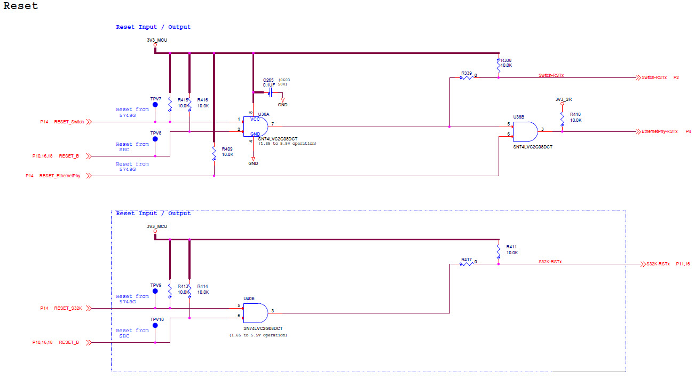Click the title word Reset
[21, 6]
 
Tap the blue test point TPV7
[155, 105]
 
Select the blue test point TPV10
[155, 325]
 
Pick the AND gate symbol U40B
[255, 312]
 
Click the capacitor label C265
[268, 80]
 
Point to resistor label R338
[506, 60]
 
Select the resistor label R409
[227, 149]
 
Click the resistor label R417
[467, 260]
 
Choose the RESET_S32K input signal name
[68, 308]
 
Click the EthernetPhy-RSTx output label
[659, 131]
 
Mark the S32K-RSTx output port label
[658, 264]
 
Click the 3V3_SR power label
[563, 99]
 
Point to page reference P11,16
[683, 264]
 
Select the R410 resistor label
[575, 114]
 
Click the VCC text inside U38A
[255, 119]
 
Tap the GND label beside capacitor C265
[282, 105]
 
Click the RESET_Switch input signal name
[69, 122]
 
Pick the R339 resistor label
[467, 73]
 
